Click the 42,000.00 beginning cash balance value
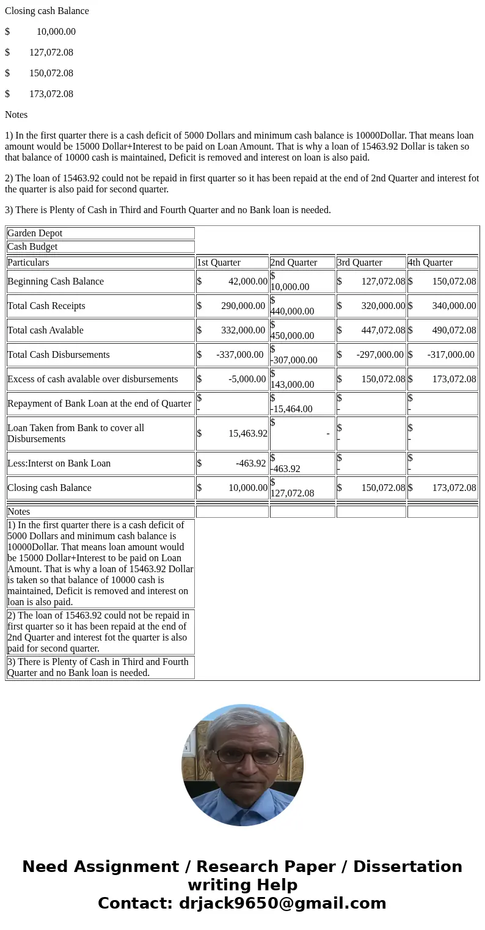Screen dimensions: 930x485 [247, 282]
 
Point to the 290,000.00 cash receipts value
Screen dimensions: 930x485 [243, 306]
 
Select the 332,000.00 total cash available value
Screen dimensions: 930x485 [243, 330]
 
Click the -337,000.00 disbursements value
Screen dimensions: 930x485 [239, 355]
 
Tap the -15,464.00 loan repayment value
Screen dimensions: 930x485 [291, 409]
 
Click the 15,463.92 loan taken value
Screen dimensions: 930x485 [247, 434]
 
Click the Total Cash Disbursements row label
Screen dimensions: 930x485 [59, 355]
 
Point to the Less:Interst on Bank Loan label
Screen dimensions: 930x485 [59, 463]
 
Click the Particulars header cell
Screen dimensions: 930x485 [28, 263]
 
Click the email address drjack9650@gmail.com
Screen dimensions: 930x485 [282, 904]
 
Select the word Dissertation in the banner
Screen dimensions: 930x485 [407, 867]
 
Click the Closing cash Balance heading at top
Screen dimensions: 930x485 [47, 11]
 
